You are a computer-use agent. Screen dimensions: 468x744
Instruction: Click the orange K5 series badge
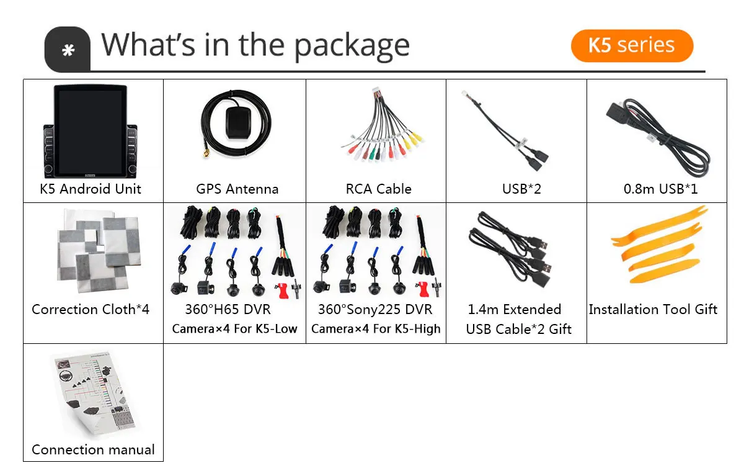pyautogui.click(x=631, y=45)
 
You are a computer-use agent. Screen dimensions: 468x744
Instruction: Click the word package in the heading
pyautogui.click(x=351, y=47)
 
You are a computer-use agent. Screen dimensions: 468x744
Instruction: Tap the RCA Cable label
pyautogui.click(x=378, y=189)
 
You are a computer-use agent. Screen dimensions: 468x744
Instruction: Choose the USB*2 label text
pyautogui.click(x=521, y=189)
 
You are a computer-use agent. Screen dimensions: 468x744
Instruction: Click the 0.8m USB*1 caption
pyautogui.click(x=660, y=189)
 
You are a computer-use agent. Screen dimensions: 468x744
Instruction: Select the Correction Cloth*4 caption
pyautogui.click(x=91, y=309)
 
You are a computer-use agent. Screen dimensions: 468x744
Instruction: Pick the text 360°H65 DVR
pyautogui.click(x=228, y=309)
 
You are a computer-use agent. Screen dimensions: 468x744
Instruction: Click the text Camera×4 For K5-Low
pyautogui.click(x=234, y=329)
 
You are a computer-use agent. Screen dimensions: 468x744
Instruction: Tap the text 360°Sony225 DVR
pyautogui.click(x=374, y=309)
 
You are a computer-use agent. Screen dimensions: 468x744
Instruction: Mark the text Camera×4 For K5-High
pyautogui.click(x=376, y=329)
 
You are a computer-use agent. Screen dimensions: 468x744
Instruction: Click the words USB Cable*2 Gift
pyautogui.click(x=518, y=329)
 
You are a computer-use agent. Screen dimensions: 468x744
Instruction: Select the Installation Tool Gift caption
pyautogui.click(x=653, y=309)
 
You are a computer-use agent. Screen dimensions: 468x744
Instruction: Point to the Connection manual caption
pyautogui.click(x=93, y=449)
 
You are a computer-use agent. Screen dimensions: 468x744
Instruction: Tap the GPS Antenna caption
pyautogui.click(x=237, y=189)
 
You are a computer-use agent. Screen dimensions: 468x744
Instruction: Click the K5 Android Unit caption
pyautogui.click(x=91, y=189)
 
